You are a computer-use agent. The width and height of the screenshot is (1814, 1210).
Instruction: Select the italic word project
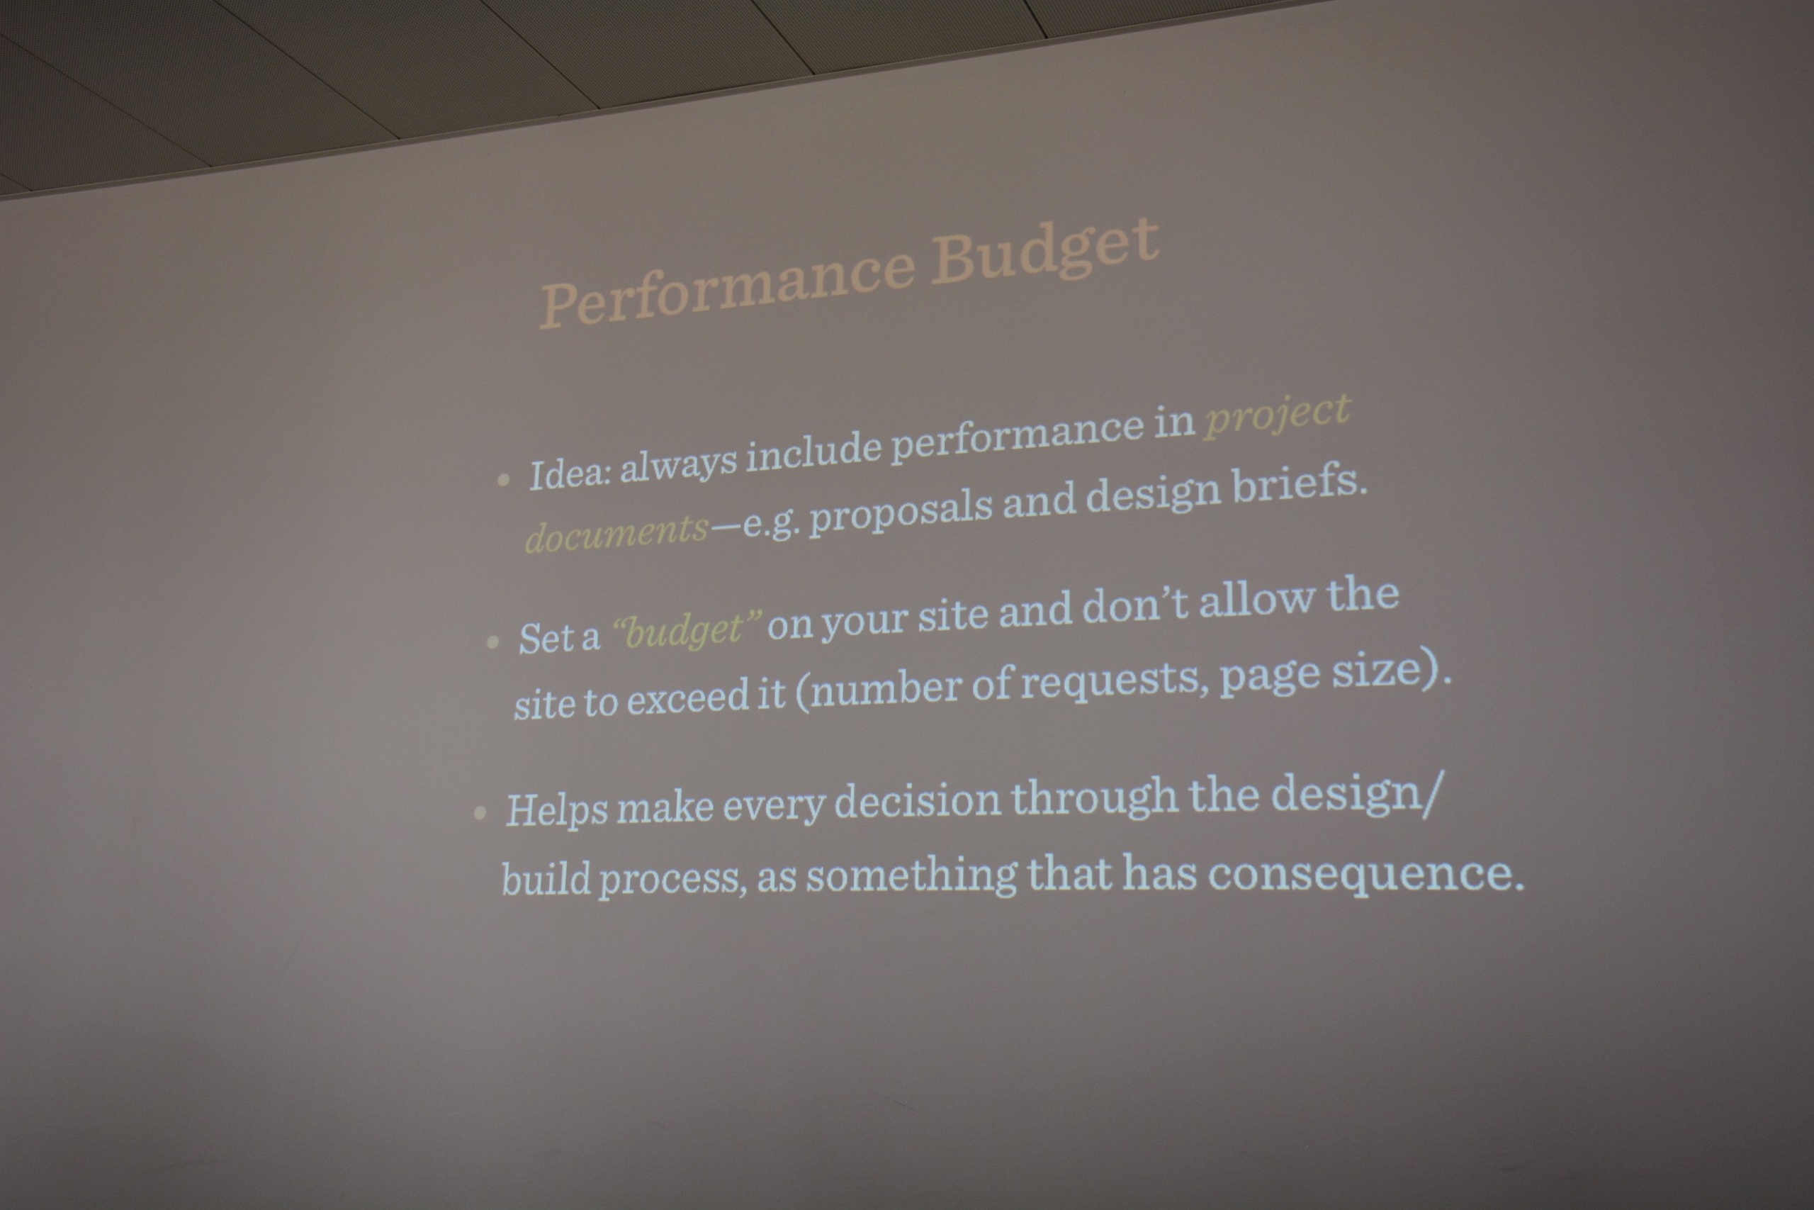click(x=1276, y=418)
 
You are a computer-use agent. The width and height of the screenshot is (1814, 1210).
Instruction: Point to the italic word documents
click(x=616, y=532)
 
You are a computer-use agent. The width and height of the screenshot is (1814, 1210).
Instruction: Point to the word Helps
click(x=556, y=810)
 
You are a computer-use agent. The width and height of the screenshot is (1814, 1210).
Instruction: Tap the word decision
click(x=917, y=802)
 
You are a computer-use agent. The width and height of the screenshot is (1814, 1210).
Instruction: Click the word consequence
click(x=1365, y=874)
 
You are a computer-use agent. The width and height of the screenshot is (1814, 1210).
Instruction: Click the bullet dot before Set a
click(x=493, y=642)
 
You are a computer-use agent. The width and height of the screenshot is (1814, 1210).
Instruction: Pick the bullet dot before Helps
click(x=480, y=812)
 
